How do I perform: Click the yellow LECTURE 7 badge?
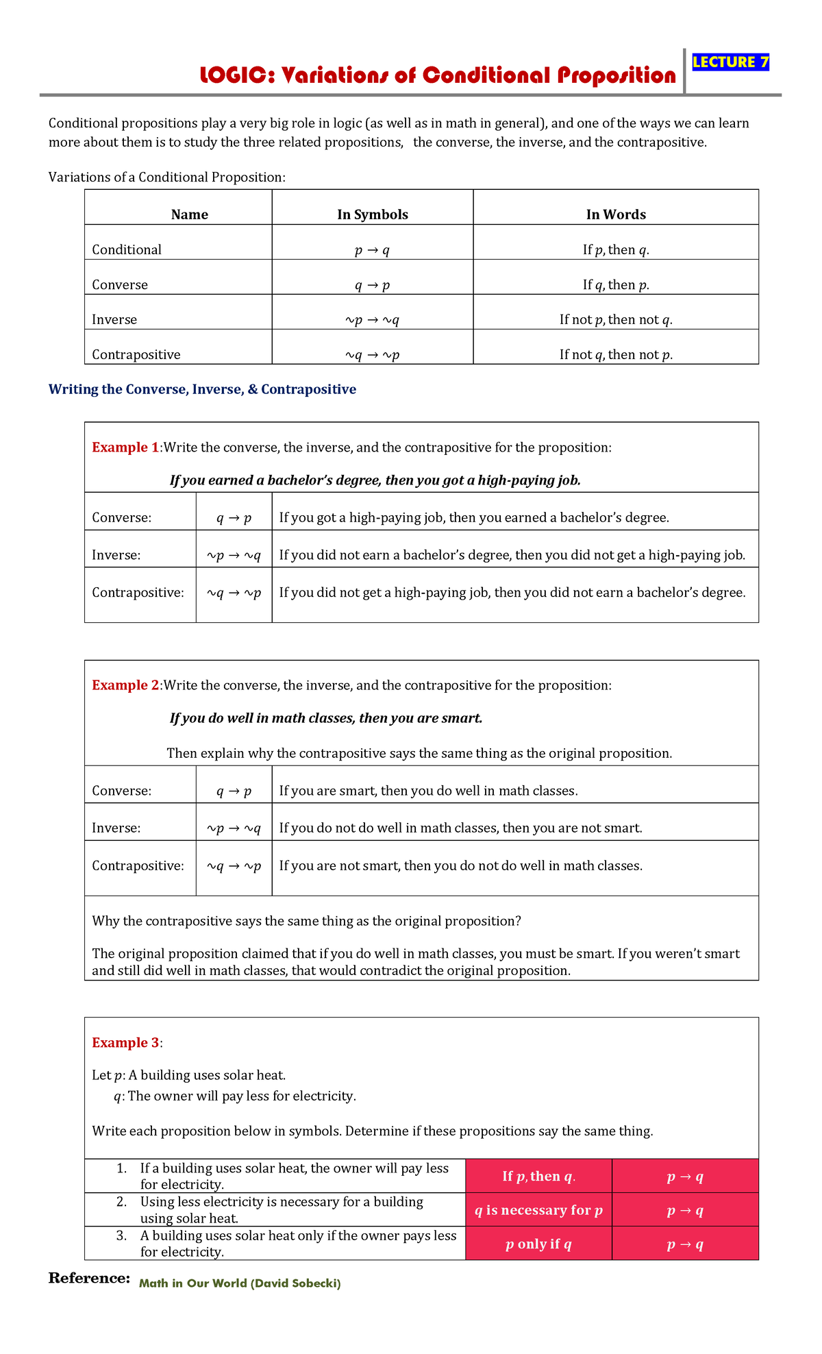click(x=730, y=62)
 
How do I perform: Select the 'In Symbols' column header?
click(x=372, y=214)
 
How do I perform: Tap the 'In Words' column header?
click(x=615, y=214)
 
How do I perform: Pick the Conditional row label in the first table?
click(x=127, y=249)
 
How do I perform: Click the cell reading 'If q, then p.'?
click(x=615, y=284)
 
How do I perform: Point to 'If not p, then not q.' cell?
click(x=615, y=319)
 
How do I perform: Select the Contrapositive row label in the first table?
click(x=136, y=354)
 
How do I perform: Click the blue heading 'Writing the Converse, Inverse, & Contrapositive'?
click(x=202, y=389)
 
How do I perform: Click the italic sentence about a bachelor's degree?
click(x=375, y=480)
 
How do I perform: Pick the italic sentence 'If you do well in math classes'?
click(x=326, y=718)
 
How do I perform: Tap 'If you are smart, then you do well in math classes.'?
click(x=428, y=791)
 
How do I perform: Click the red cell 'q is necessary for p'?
click(x=538, y=1210)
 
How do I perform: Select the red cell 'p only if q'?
click(x=538, y=1244)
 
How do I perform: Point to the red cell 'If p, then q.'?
click(x=538, y=1177)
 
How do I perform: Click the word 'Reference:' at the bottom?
click(x=89, y=1278)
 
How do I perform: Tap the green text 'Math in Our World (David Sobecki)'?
click(x=240, y=1283)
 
